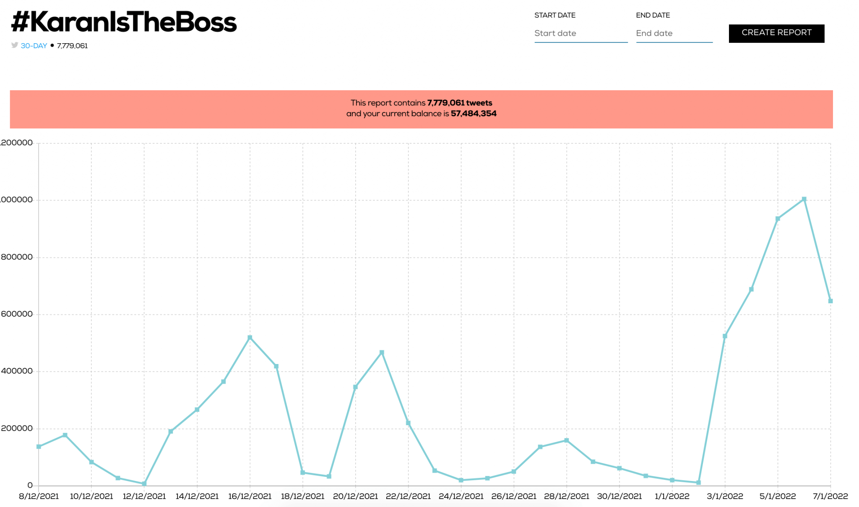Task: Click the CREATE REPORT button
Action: point(776,33)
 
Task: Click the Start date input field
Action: point(580,34)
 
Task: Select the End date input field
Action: point(674,34)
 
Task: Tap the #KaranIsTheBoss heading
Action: point(124,22)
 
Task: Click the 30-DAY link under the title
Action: point(34,46)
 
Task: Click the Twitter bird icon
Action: point(15,45)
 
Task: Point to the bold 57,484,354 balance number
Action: point(474,114)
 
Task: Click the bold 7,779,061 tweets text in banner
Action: point(459,103)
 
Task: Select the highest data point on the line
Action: point(804,200)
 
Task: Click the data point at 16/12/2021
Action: point(250,338)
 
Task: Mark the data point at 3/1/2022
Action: point(725,336)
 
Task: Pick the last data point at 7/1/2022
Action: point(830,301)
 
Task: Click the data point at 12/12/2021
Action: point(144,484)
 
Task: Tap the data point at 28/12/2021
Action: point(567,441)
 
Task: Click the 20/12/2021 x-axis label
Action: point(355,497)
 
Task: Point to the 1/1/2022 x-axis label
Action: point(672,497)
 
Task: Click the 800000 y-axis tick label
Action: point(17,257)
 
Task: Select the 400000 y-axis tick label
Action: point(17,371)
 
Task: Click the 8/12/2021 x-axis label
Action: point(39,497)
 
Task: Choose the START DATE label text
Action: point(554,16)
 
